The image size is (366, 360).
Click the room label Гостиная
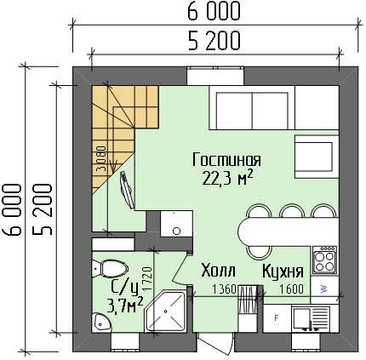(x=226, y=160)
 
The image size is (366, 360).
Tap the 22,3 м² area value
(x=227, y=178)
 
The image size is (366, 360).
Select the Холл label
(x=218, y=271)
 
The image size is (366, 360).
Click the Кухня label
(x=283, y=271)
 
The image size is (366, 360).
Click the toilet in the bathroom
(x=111, y=268)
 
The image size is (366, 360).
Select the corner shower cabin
(x=165, y=311)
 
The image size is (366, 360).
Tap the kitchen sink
(x=311, y=319)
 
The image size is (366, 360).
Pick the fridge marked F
(x=277, y=318)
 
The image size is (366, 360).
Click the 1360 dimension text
(x=224, y=289)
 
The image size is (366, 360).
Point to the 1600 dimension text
(x=291, y=289)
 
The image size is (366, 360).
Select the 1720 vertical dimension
(x=148, y=278)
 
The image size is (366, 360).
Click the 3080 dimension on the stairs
(x=101, y=159)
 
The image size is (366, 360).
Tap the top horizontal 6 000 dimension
(x=214, y=12)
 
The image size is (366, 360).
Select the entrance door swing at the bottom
(x=215, y=344)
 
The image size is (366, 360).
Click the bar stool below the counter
(x=259, y=251)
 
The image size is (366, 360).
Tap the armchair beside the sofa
(x=317, y=157)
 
